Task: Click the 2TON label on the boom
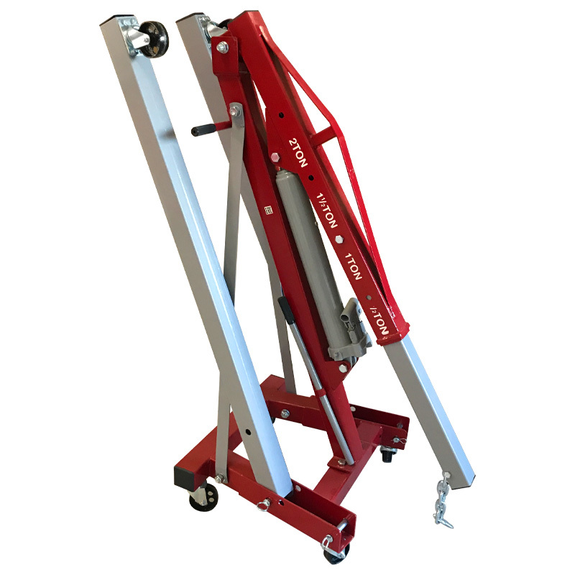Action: click(x=298, y=152)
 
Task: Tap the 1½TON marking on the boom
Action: click(x=326, y=210)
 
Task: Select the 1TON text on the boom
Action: click(x=353, y=265)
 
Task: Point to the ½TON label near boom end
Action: click(x=379, y=319)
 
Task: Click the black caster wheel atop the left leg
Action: click(x=154, y=39)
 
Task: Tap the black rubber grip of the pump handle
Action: click(x=203, y=130)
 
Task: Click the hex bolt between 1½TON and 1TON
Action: click(x=339, y=239)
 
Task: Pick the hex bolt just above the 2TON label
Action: click(x=275, y=157)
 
